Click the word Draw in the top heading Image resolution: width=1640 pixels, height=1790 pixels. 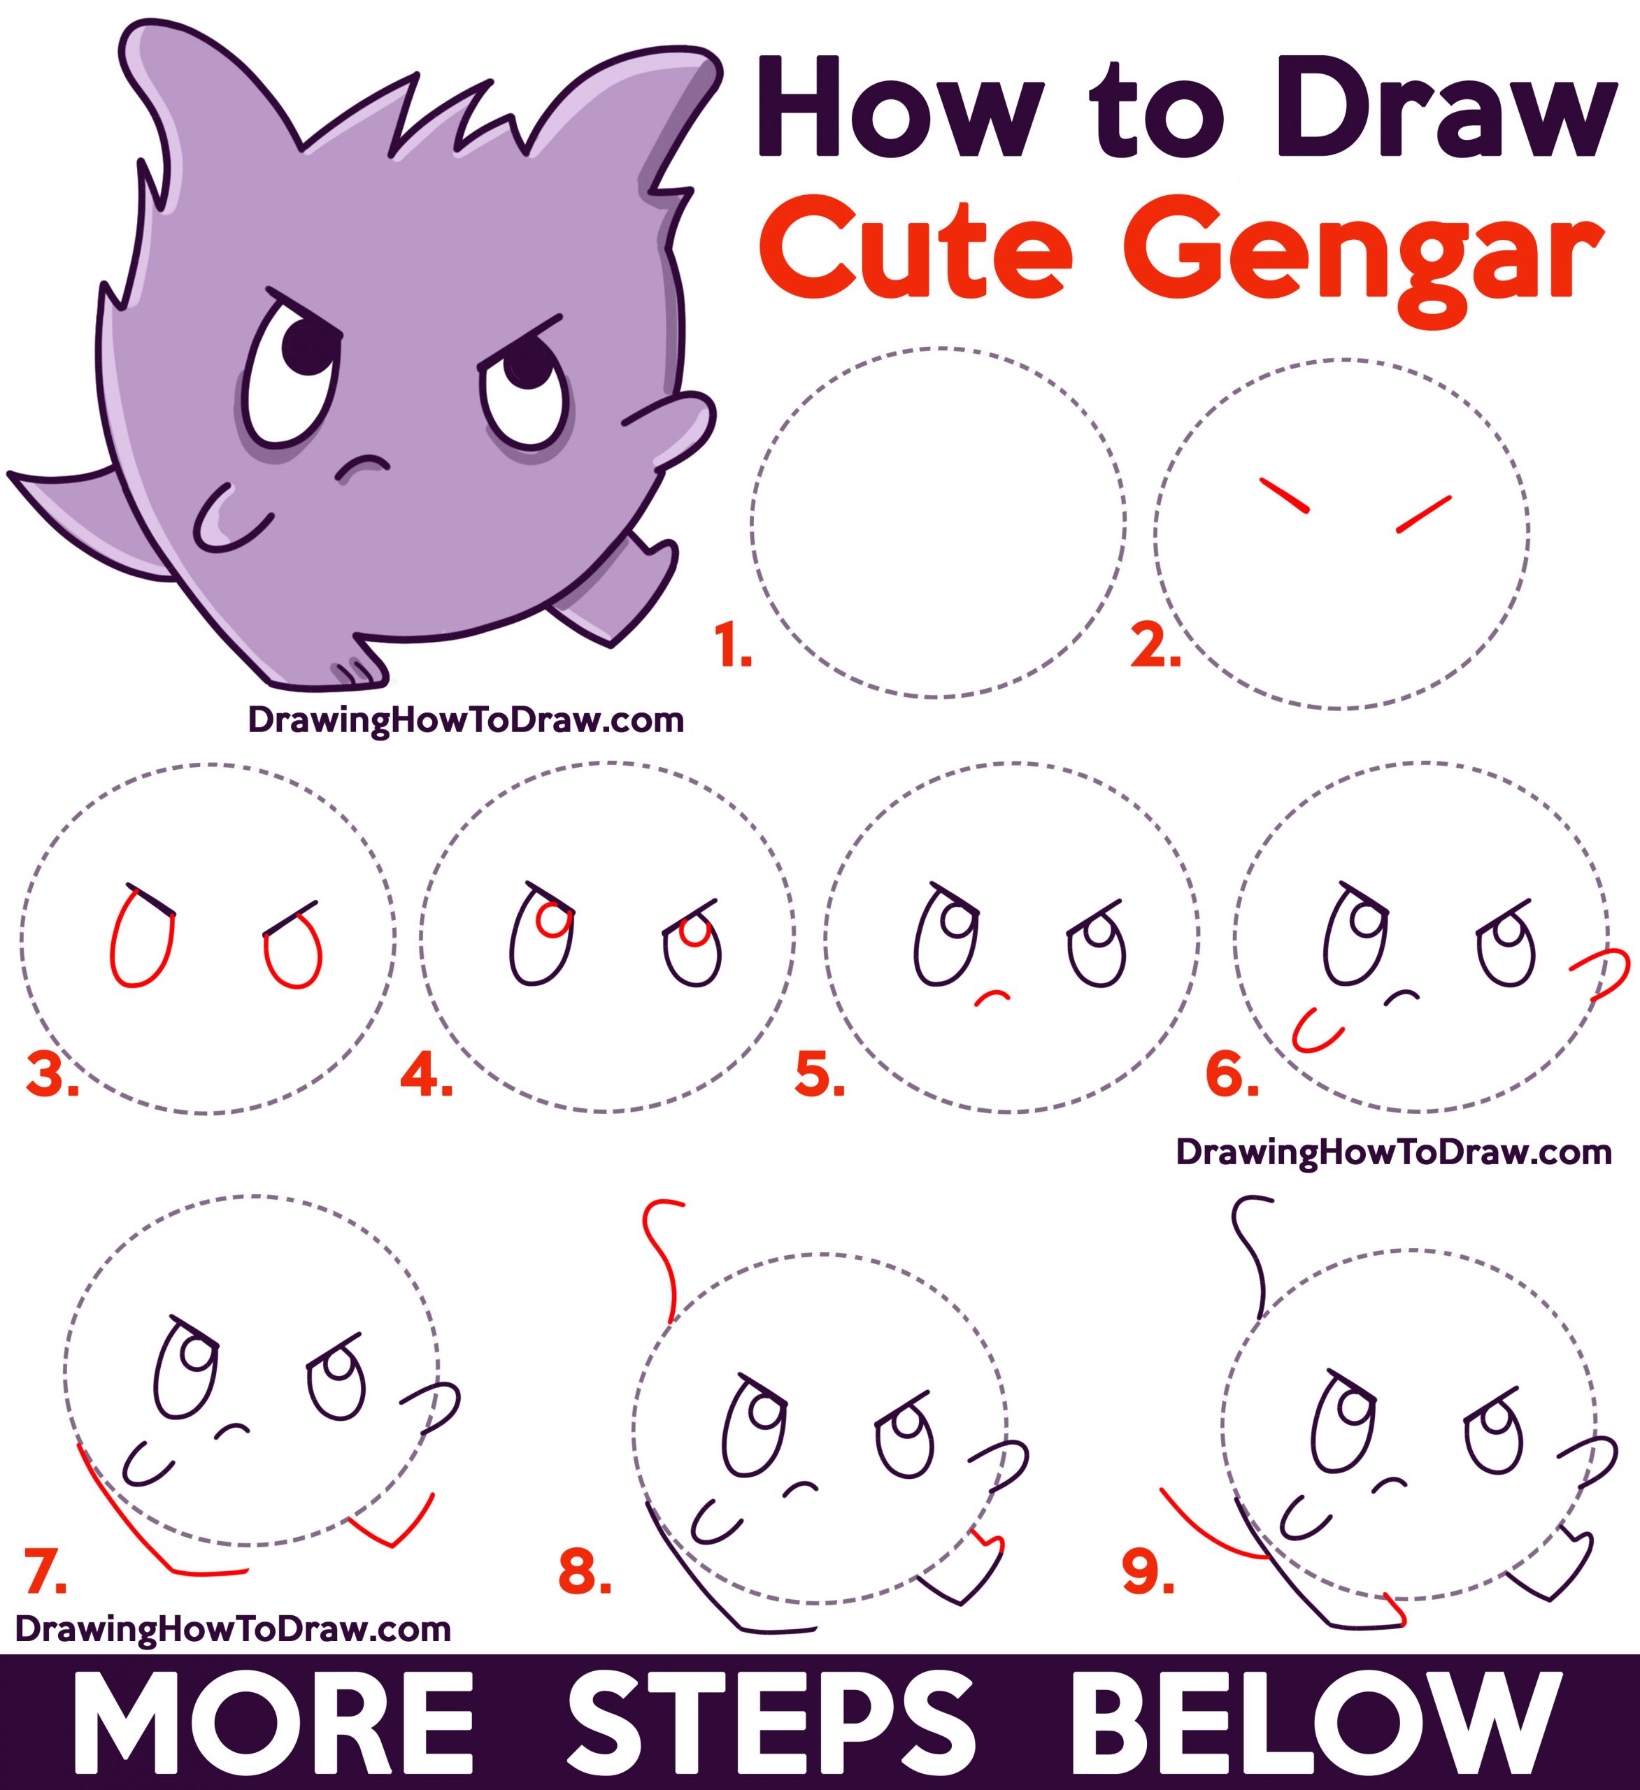[x=1443, y=115]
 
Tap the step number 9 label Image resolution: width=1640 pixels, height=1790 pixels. [x=1148, y=1573]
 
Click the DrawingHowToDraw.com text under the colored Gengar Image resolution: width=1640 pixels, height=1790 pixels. [x=465, y=720]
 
